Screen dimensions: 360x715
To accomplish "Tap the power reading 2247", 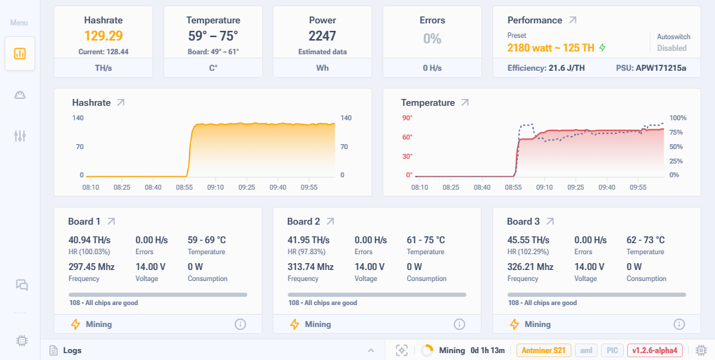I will tap(322, 36).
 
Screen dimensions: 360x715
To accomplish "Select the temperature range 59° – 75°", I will tap(213, 36).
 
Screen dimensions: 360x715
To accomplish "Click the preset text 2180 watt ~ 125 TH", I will tap(551, 48).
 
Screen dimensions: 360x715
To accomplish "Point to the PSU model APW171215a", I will tap(661, 68).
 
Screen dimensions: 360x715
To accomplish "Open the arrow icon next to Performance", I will tap(573, 21).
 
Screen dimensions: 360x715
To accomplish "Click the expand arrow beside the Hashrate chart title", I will tap(121, 102).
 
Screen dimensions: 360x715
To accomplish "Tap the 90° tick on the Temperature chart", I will tap(407, 118).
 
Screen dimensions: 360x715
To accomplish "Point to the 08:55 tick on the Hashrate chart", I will tap(184, 186).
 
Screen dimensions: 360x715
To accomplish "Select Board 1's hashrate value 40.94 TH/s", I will tap(89, 240).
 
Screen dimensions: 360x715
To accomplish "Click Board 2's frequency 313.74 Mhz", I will tap(310, 267).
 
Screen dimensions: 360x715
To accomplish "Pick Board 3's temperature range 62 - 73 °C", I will tap(646, 240).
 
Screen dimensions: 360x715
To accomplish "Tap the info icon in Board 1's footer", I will tap(240, 324).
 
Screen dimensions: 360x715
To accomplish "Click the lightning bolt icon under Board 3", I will tap(514, 324).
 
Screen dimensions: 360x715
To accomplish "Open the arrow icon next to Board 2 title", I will tap(330, 221).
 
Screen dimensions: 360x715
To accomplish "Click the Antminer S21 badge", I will tap(543, 350).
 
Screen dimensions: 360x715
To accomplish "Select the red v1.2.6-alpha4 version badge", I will tap(656, 350).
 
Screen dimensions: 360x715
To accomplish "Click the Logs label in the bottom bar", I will tap(72, 350).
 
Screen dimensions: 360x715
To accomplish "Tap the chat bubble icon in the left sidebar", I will tap(21, 285).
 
